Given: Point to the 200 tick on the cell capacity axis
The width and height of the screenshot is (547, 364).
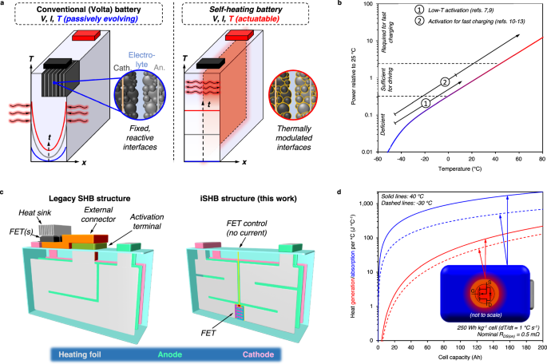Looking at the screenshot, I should click(541, 346).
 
